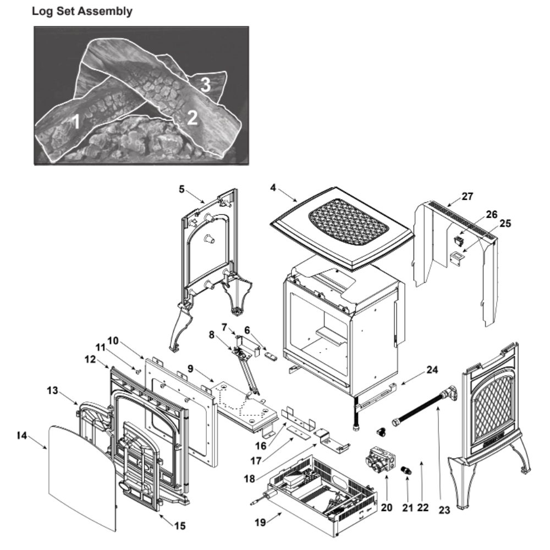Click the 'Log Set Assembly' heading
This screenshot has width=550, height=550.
pos(82,12)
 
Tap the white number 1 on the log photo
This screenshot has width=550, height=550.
pos(76,122)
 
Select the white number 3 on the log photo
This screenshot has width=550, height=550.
pos(205,84)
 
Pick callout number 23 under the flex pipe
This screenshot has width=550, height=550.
pos(444,509)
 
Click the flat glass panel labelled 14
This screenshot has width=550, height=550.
pos(82,473)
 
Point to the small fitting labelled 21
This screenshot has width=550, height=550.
pos(407,471)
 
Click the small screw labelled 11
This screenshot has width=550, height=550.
pos(138,372)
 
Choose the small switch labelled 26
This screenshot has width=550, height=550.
pos(457,240)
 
